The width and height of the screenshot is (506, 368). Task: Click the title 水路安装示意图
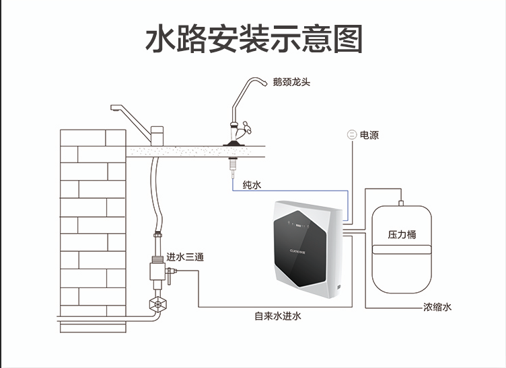coord(254,38)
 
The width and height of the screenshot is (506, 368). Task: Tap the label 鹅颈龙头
coord(291,83)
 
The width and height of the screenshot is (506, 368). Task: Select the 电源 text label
coord(369,135)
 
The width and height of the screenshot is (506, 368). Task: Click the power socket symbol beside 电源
coord(351,135)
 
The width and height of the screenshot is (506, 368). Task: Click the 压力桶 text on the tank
coord(402,235)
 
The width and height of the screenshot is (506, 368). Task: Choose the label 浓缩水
coord(437,307)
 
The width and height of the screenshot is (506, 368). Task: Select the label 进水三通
coord(185,257)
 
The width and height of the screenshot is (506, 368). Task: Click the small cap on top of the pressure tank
coord(400,201)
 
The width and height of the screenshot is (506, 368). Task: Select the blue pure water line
coord(289,191)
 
